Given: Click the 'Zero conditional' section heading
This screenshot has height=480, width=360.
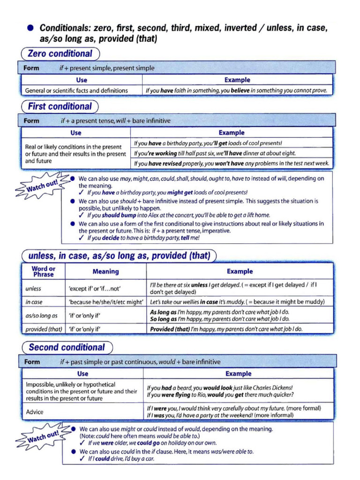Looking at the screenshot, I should pyautogui.click(x=60, y=53).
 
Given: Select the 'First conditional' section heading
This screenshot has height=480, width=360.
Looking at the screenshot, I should pyautogui.click(x=60, y=106).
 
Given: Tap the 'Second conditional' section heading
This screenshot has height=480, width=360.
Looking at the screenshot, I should pyautogui.click(x=67, y=347).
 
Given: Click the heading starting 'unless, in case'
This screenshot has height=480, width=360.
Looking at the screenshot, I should pyautogui.click(x=119, y=256).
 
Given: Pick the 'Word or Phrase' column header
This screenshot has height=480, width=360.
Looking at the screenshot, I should pyautogui.click(x=43, y=271).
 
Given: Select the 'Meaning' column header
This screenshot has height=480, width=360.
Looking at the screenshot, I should pyautogui.click(x=105, y=271).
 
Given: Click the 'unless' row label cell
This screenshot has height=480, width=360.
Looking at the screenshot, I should pyautogui.click(x=33, y=289).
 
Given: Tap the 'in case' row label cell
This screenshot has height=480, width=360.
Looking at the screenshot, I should pyautogui.click(x=34, y=302).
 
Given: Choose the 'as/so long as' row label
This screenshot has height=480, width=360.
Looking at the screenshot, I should pyautogui.click(x=41, y=315).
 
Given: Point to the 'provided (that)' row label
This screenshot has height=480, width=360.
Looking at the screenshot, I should pyautogui.click(x=44, y=329).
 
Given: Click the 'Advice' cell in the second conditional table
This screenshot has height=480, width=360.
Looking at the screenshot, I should pyautogui.click(x=35, y=412).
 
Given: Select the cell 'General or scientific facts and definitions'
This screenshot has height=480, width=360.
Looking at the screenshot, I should pyautogui.click(x=76, y=90).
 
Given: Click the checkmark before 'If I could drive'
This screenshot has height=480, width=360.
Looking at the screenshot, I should pyautogui.click(x=82, y=459).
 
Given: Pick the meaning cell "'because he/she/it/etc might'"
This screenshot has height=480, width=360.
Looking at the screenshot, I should pyautogui.click(x=105, y=302).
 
